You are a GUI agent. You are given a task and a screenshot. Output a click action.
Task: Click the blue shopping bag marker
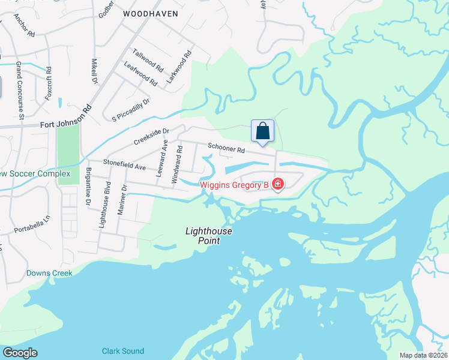coord(262,131)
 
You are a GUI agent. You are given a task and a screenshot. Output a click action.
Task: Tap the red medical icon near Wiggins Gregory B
coord(278,184)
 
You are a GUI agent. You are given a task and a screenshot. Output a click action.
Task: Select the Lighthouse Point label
coord(209,235)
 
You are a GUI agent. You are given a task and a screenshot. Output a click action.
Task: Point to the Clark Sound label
coord(122,351)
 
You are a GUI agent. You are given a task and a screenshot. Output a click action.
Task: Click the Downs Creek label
coord(49,273)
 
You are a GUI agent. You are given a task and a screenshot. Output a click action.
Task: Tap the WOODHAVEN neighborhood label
coord(151,13)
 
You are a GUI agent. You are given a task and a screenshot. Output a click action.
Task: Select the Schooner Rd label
coord(227,148)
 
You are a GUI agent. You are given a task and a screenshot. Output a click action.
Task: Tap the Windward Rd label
coord(176,164)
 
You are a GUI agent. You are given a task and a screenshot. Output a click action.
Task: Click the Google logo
coord(20,353)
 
